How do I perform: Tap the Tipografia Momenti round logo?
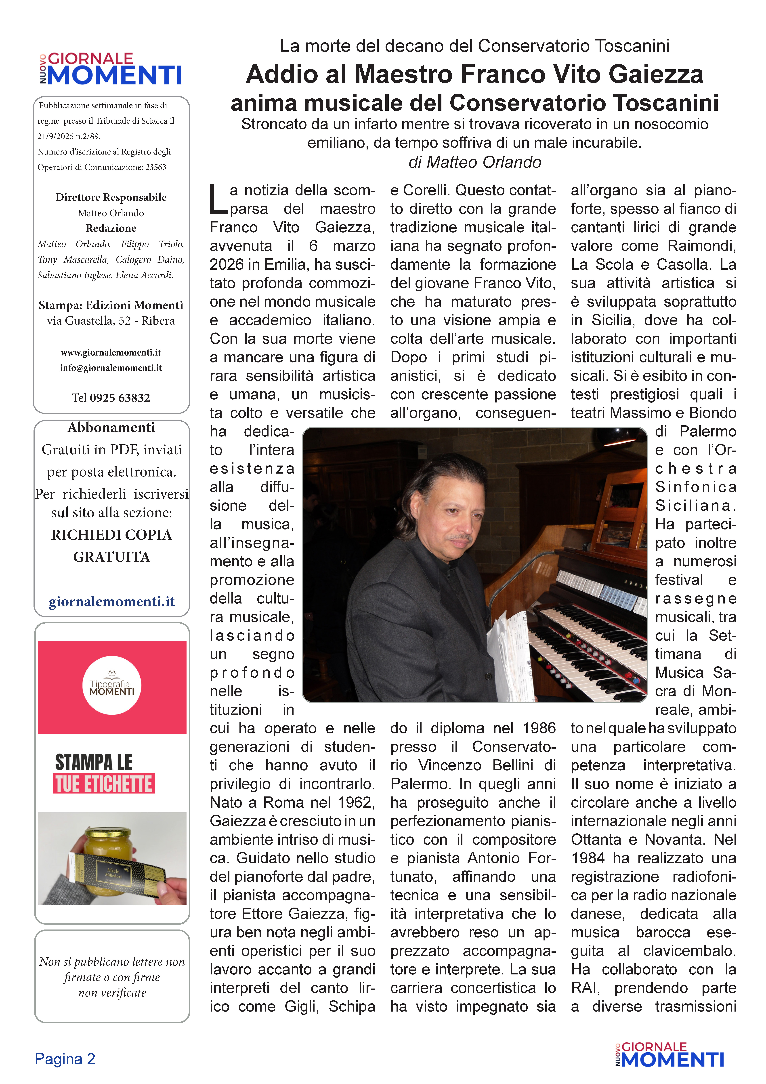[112, 685]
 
